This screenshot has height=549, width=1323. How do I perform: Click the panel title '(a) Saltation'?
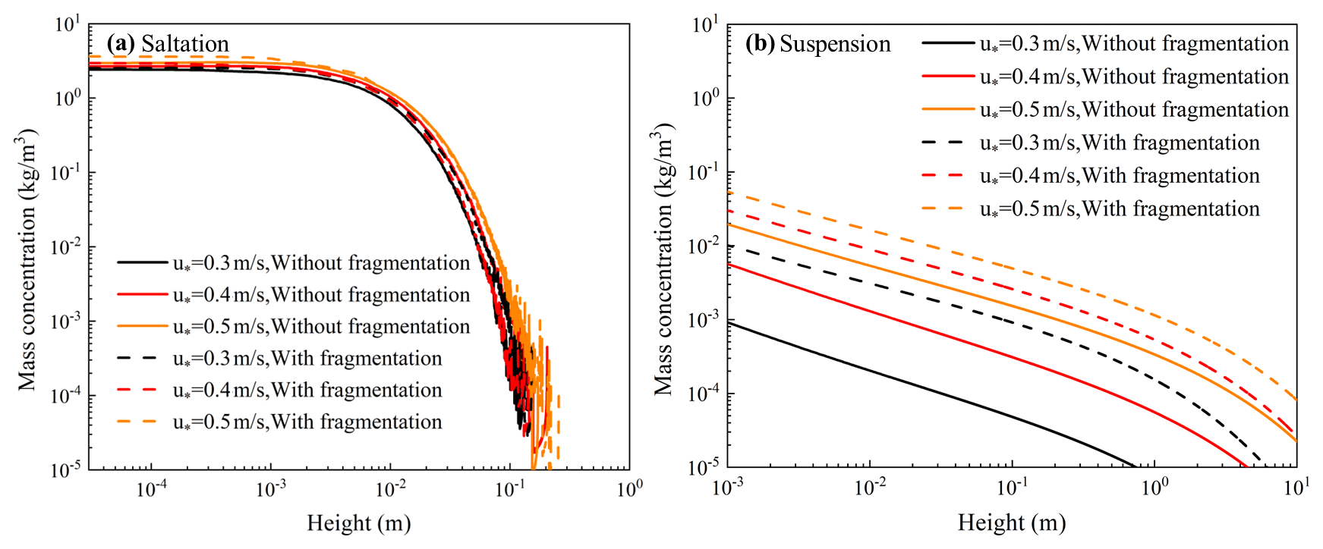[168, 44]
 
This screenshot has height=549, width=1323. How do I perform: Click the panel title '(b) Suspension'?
[817, 44]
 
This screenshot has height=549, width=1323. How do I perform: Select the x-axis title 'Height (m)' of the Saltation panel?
[358, 522]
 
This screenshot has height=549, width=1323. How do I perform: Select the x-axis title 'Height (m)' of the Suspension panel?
[1011, 522]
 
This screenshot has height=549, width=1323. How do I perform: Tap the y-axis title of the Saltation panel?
[27, 260]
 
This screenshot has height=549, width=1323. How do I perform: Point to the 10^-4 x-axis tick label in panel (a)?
[151, 489]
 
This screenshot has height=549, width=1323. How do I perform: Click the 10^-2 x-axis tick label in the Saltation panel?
[390, 489]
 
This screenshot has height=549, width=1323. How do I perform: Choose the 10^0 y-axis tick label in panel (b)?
[706, 99]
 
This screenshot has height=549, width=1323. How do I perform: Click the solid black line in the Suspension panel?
[911, 384]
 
